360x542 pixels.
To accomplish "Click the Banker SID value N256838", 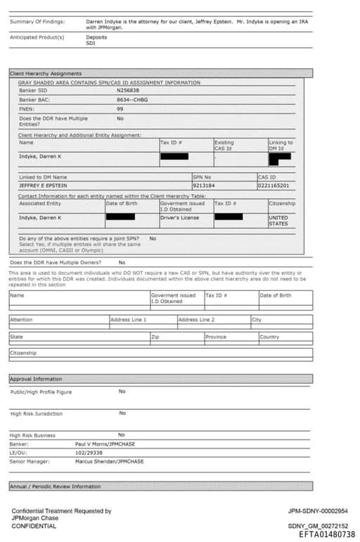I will pyautogui.click(x=128, y=91).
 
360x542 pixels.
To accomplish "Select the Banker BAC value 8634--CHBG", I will pyautogui.click(x=132, y=100).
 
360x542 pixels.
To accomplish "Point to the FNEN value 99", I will pyautogui.click(x=120, y=109).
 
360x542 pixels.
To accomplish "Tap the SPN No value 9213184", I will pyautogui.click(x=204, y=186).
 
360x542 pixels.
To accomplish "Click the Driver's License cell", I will pyautogui.click(x=179, y=218).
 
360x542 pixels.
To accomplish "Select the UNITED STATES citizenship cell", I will pyautogui.click(x=278, y=221).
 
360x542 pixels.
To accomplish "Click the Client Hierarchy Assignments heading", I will pyautogui.click(x=46, y=74).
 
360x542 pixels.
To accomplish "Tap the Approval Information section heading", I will pyautogui.click(x=36, y=379).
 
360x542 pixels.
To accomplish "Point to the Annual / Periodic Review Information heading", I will pyautogui.click(x=55, y=486).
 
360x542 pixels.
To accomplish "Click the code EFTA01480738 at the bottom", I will pyautogui.click(x=327, y=535).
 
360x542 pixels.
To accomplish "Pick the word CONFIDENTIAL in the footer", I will pyautogui.click(x=34, y=526).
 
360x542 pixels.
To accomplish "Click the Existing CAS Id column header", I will pyautogui.click(x=224, y=146).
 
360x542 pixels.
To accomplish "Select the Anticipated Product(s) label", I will pyautogui.click(x=37, y=37).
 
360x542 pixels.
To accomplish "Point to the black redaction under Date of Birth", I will pyautogui.click(x=120, y=217).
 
